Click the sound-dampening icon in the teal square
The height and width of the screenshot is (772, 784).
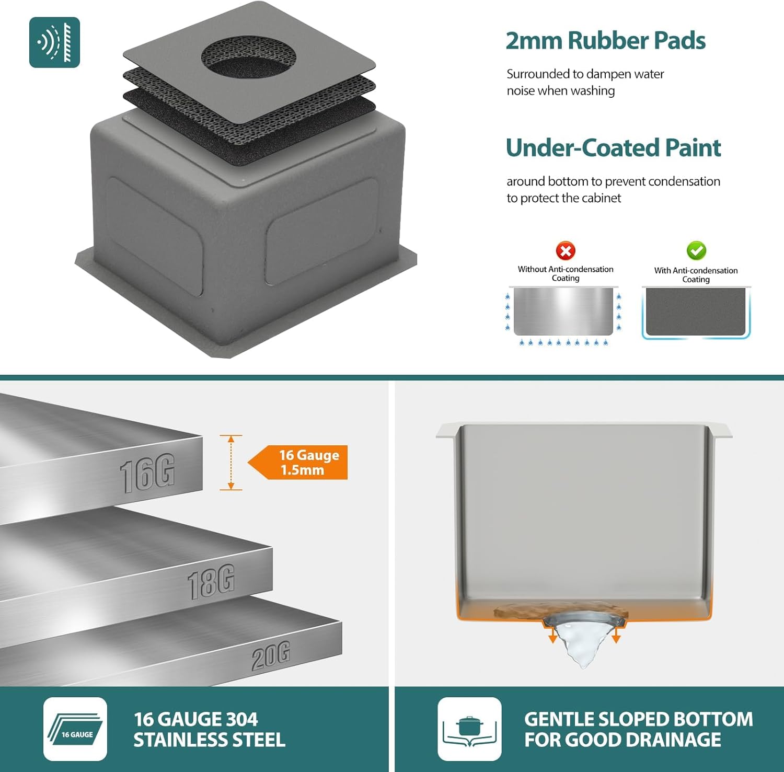click(x=54, y=42)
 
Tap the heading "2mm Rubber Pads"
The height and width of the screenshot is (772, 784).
click(x=605, y=41)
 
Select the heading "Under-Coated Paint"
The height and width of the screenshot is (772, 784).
click(x=613, y=147)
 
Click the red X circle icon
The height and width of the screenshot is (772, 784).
click(x=566, y=251)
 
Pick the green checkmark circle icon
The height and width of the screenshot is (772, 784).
click(x=696, y=251)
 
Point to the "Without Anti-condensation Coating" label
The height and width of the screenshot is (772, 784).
click(x=566, y=273)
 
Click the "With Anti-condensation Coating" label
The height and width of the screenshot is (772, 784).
click(x=696, y=274)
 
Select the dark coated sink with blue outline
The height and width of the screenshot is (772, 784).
click(x=696, y=312)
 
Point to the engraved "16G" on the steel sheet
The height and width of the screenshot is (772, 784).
click(x=147, y=474)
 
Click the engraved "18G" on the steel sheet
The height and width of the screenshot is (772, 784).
click(x=211, y=581)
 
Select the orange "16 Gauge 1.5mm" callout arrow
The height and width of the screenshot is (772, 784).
click(x=298, y=463)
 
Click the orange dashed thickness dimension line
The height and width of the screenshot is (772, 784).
click(x=231, y=463)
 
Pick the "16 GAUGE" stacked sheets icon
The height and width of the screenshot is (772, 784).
click(x=75, y=729)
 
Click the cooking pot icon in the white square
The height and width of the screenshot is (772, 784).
click(x=469, y=729)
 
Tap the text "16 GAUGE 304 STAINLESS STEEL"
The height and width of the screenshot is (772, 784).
click(x=209, y=729)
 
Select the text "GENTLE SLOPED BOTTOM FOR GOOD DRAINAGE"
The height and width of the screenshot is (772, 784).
click(x=638, y=729)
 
